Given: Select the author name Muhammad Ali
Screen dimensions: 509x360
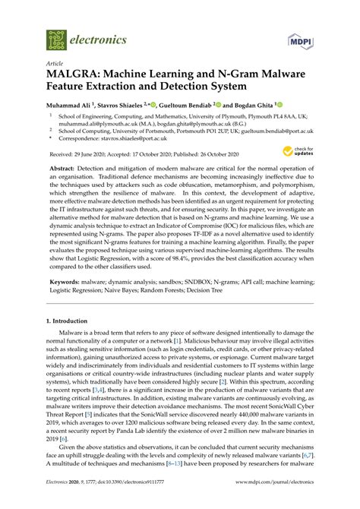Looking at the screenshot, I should point(73,106).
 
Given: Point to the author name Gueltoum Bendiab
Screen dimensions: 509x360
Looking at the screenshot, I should point(189,106).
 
